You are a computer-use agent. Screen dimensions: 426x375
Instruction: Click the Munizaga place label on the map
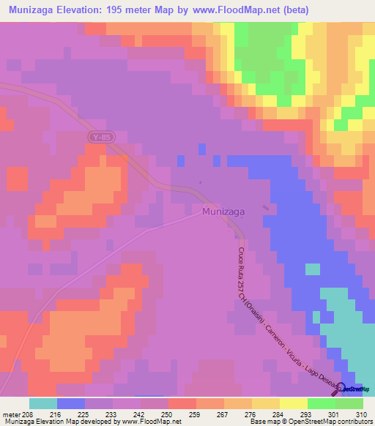point(224,211)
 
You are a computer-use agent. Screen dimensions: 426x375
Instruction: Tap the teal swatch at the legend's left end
point(43,403)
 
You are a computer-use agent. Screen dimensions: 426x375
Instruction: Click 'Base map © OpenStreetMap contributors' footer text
point(309,422)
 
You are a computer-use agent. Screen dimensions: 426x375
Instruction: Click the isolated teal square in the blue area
point(312,269)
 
